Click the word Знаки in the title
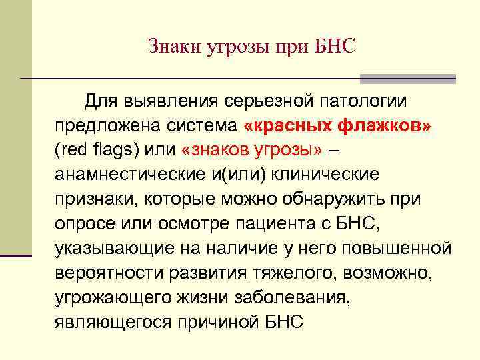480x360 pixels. click(x=169, y=46)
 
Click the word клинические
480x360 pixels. click(x=317, y=174)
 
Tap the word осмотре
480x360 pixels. click(x=175, y=223)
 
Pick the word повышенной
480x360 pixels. click(x=395, y=248)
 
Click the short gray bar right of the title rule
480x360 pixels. click(x=407, y=79)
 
